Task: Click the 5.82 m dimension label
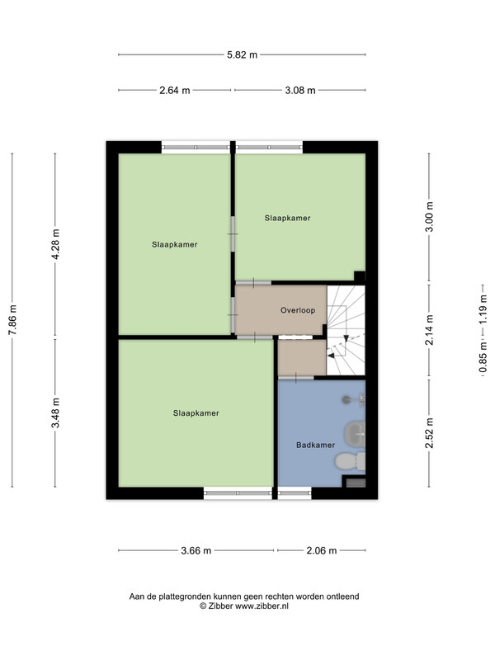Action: pyautogui.click(x=242, y=54)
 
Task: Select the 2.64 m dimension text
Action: pyautogui.click(x=174, y=90)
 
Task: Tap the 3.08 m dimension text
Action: pyautogui.click(x=300, y=90)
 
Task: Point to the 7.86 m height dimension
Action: pyautogui.click(x=12, y=320)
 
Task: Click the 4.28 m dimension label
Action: pyautogui.click(x=55, y=244)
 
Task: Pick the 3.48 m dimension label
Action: pyautogui.click(x=55, y=412)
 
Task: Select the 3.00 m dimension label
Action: pyautogui.click(x=429, y=217)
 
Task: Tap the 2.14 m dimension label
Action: pyautogui.click(x=429, y=330)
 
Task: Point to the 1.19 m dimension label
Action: pyautogui.click(x=483, y=309)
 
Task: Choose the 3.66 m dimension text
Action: pyautogui.click(x=196, y=550)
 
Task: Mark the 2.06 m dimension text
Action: pyautogui.click(x=322, y=550)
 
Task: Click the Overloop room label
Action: pyautogui.click(x=298, y=311)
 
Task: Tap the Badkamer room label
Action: pyautogui.click(x=316, y=445)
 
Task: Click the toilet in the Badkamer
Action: pyautogui.click(x=350, y=461)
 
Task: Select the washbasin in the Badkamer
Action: pyautogui.click(x=355, y=434)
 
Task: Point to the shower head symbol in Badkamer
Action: pyautogui.click(x=346, y=399)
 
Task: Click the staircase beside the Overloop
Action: pyautogui.click(x=346, y=331)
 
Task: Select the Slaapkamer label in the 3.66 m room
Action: pyautogui.click(x=196, y=413)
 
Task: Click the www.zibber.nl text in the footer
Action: pyautogui.click(x=262, y=606)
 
